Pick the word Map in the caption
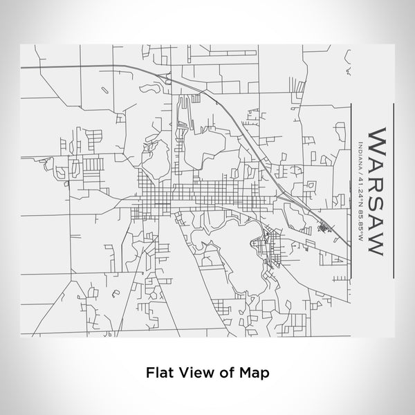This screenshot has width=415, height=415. (253, 371)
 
